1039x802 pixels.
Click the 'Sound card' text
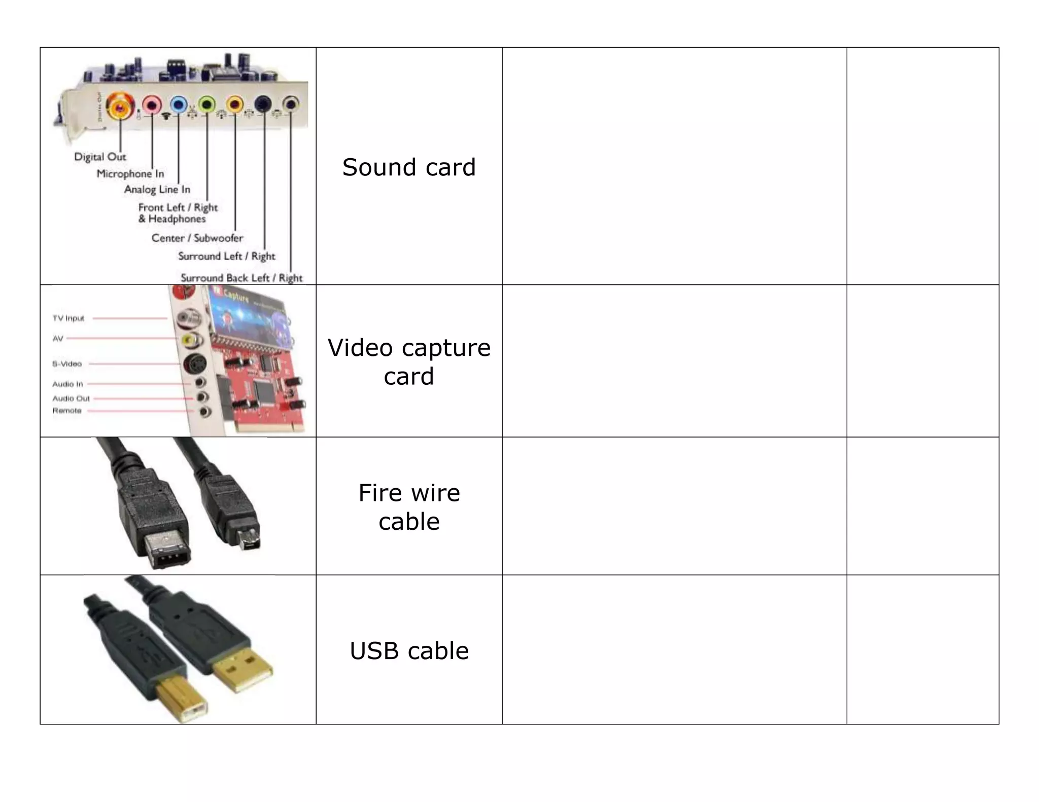click(x=409, y=167)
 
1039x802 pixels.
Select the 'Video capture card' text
click(x=409, y=361)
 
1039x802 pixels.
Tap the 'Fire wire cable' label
click(x=409, y=506)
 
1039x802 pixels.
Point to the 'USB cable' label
click(x=409, y=650)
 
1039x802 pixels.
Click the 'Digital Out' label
click(x=100, y=157)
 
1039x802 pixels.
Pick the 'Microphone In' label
click(x=130, y=173)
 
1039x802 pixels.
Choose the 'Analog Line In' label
click(x=157, y=189)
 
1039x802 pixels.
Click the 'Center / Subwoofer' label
click(x=197, y=238)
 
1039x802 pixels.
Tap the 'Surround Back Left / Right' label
click(x=241, y=278)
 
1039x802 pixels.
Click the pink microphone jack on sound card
click(x=152, y=106)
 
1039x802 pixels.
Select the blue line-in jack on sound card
click(x=178, y=105)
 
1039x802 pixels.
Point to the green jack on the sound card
click(x=206, y=105)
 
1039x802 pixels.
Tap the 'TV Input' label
click(x=68, y=318)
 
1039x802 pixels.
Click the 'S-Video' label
click(x=67, y=364)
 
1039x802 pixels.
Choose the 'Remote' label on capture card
click(x=67, y=411)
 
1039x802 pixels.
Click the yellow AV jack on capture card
click(x=190, y=339)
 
